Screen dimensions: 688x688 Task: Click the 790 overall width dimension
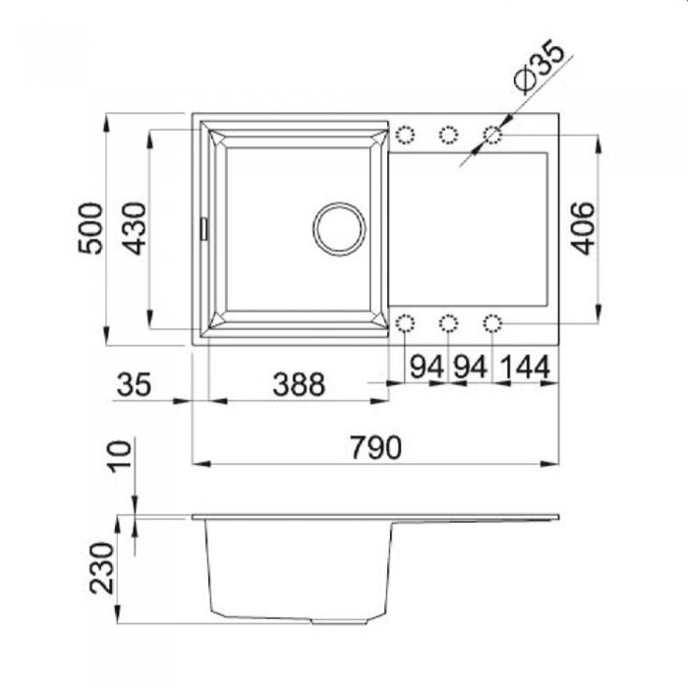click(x=376, y=447)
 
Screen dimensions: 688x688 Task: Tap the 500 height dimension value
click(x=90, y=228)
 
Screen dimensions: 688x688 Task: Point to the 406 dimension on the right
click(x=584, y=228)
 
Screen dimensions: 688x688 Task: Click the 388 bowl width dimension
click(x=299, y=384)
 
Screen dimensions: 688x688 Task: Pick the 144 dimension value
click(x=525, y=367)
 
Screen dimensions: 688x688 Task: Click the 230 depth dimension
click(x=102, y=568)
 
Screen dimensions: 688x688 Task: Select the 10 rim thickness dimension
click(x=120, y=457)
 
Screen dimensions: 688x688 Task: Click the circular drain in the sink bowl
click(x=339, y=229)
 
